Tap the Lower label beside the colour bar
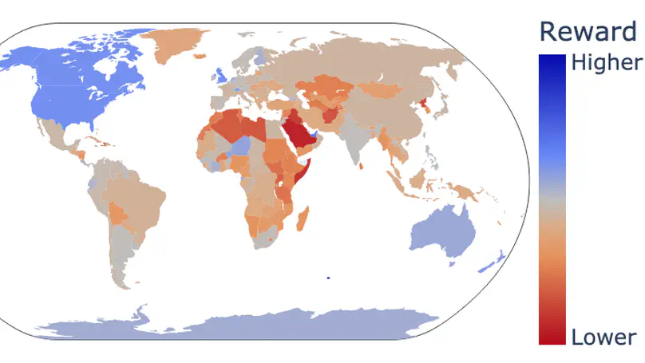603,337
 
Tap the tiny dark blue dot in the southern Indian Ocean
328,278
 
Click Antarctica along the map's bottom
239,323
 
